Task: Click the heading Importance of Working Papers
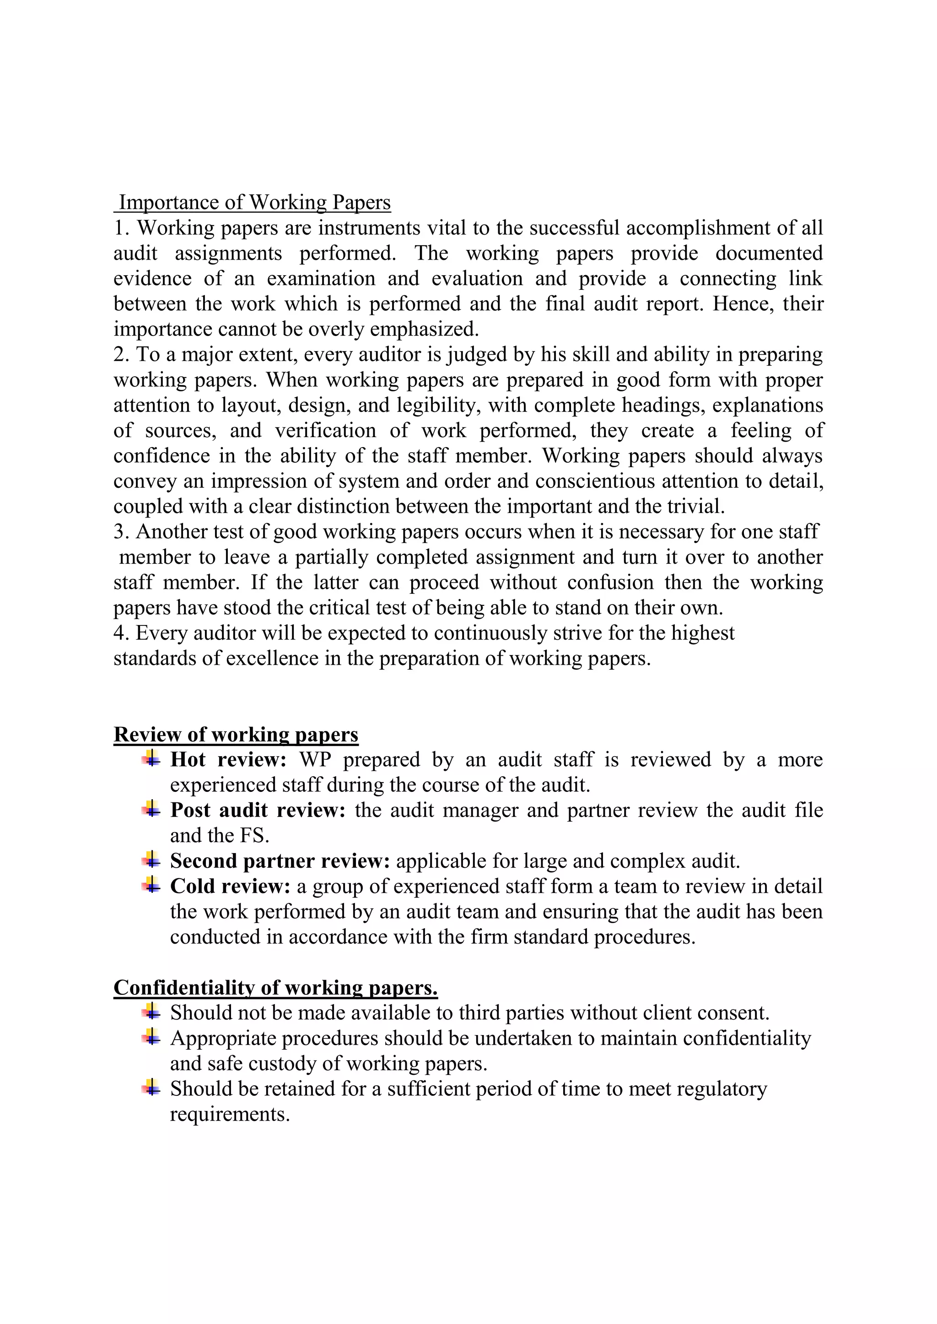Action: (x=254, y=203)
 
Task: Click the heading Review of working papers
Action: (x=236, y=735)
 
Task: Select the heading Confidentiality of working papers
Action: (x=275, y=988)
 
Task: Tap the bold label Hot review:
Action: (x=228, y=759)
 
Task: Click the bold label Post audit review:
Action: (x=257, y=810)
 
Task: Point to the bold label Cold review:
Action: (x=230, y=886)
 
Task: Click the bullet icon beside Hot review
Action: (x=151, y=759)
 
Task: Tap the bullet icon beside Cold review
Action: (x=151, y=885)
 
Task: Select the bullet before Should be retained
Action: (x=151, y=1088)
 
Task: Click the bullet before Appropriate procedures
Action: (x=151, y=1037)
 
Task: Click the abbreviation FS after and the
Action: (x=254, y=836)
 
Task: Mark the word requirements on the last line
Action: (x=230, y=1114)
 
